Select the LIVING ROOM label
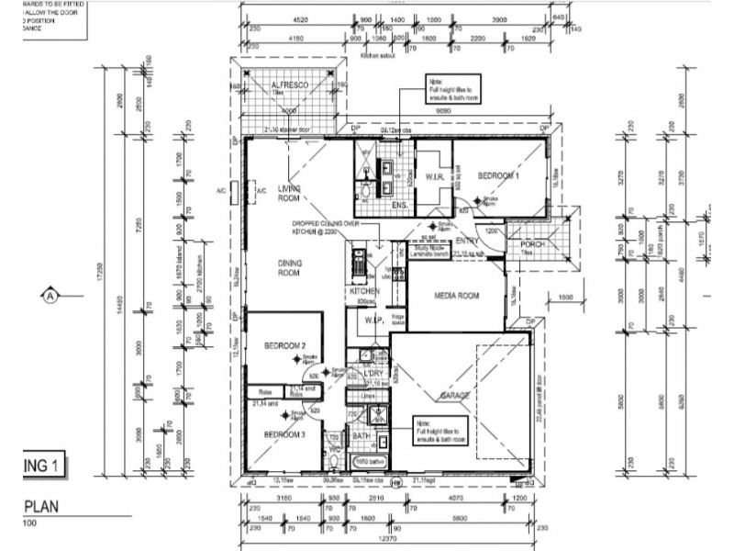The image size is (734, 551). [x=290, y=193]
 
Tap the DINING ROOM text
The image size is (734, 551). [x=290, y=267]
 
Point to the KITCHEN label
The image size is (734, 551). [x=363, y=291]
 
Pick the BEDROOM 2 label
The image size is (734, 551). [x=284, y=345]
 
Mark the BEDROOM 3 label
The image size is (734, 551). [x=284, y=434]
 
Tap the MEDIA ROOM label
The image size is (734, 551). [x=457, y=296]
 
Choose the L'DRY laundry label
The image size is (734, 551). [x=373, y=374]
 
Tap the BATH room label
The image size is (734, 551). [x=361, y=437]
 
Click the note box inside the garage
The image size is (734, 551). [x=439, y=429]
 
